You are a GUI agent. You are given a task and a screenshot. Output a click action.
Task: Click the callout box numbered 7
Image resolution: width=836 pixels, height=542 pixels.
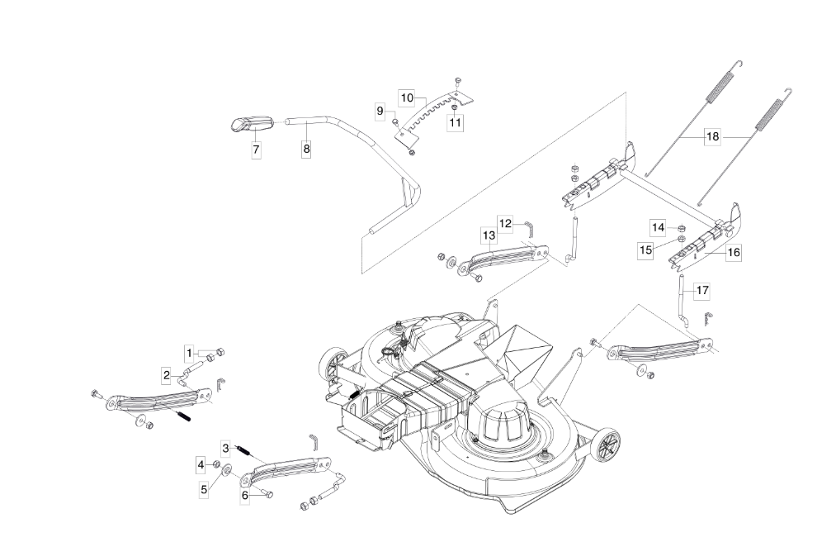pos(257,150)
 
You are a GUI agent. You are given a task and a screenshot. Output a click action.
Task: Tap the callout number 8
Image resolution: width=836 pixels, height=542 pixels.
pos(306,149)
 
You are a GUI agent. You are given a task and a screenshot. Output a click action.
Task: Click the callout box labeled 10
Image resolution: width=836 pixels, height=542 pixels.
pos(407,98)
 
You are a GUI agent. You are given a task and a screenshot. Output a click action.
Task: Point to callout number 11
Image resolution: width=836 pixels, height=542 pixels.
pos(455,122)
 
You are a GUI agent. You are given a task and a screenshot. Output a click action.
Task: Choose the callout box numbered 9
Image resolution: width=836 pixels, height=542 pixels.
pos(380,111)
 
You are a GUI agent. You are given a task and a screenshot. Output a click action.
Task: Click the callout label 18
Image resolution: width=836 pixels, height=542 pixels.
pos(713,136)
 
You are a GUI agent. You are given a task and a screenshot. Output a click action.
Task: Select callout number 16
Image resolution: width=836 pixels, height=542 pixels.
pos(734,252)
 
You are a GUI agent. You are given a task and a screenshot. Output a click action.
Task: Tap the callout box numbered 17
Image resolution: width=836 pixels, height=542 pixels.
pos(702,291)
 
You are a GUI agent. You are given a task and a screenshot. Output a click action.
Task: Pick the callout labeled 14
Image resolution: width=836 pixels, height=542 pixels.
pos(659,227)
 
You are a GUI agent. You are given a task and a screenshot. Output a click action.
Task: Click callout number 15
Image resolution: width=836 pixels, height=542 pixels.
pos(645,250)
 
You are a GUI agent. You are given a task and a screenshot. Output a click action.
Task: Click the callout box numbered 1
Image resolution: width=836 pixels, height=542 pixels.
pos(189,353)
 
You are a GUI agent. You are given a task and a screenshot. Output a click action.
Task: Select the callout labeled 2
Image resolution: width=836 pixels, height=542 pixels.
pos(167,375)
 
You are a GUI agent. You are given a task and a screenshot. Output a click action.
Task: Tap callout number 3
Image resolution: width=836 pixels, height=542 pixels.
pos(225,448)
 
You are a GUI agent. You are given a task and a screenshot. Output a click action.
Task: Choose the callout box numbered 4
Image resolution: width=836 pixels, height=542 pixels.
pos(201,465)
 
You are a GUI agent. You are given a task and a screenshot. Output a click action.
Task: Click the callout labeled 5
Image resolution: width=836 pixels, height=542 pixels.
pos(204,488)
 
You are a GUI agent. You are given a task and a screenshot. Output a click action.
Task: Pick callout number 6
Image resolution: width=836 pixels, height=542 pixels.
pos(245,495)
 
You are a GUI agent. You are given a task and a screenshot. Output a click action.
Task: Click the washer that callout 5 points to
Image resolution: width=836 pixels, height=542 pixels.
pos(226,469)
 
